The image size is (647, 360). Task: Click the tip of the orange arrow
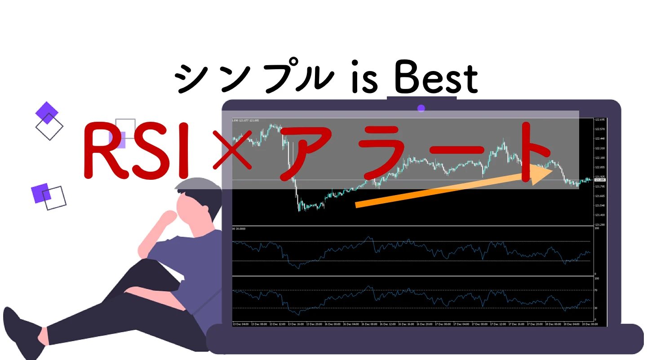[x=553, y=169]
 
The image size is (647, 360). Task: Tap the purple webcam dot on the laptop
[x=421, y=108]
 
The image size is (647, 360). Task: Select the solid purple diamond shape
[x=47, y=112]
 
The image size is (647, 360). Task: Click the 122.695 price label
[x=600, y=120]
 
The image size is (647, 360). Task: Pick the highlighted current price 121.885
[x=600, y=180]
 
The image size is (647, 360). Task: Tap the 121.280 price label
[x=600, y=224]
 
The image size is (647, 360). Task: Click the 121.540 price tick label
[x=600, y=205]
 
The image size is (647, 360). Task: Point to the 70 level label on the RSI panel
[x=596, y=290]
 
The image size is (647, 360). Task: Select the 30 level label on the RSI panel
[x=596, y=308]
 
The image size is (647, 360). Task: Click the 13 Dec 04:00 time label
[x=241, y=324]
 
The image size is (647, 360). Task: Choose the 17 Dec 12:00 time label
[x=499, y=324]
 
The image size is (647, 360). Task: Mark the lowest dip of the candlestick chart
[x=300, y=210]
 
